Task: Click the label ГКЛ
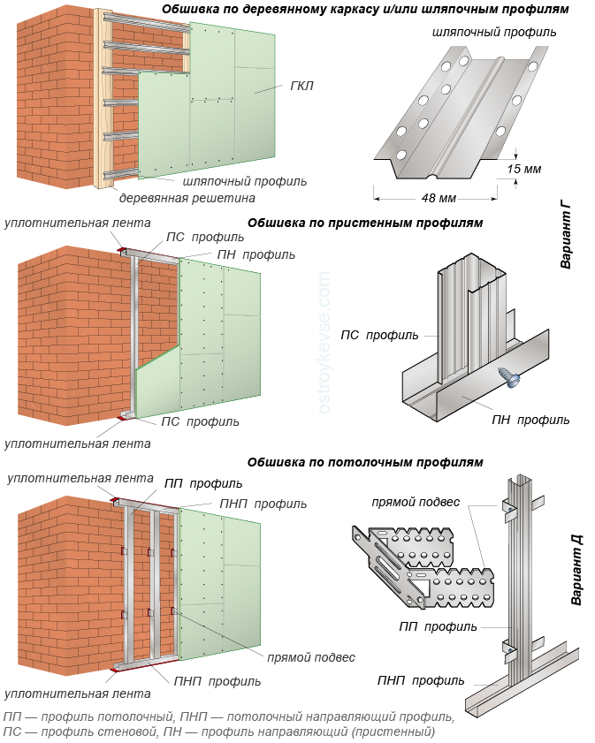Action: pyautogui.click(x=301, y=86)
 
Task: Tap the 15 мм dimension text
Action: pyautogui.click(x=524, y=169)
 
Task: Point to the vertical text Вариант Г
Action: pyautogui.click(x=566, y=234)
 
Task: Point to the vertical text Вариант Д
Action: pyautogui.click(x=576, y=572)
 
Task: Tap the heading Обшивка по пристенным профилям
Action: pyautogui.click(x=365, y=223)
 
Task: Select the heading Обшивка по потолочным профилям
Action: pyautogui.click(x=365, y=461)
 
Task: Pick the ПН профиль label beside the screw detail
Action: pyautogui.click(x=530, y=420)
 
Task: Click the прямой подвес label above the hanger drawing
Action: pyautogui.click(x=416, y=502)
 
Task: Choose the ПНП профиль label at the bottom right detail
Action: pyautogui.click(x=420, y=680)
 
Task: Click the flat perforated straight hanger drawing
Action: pyautogui.click(x=423, y=567)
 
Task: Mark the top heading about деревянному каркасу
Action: pyautogui.click(x=365, y=9)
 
